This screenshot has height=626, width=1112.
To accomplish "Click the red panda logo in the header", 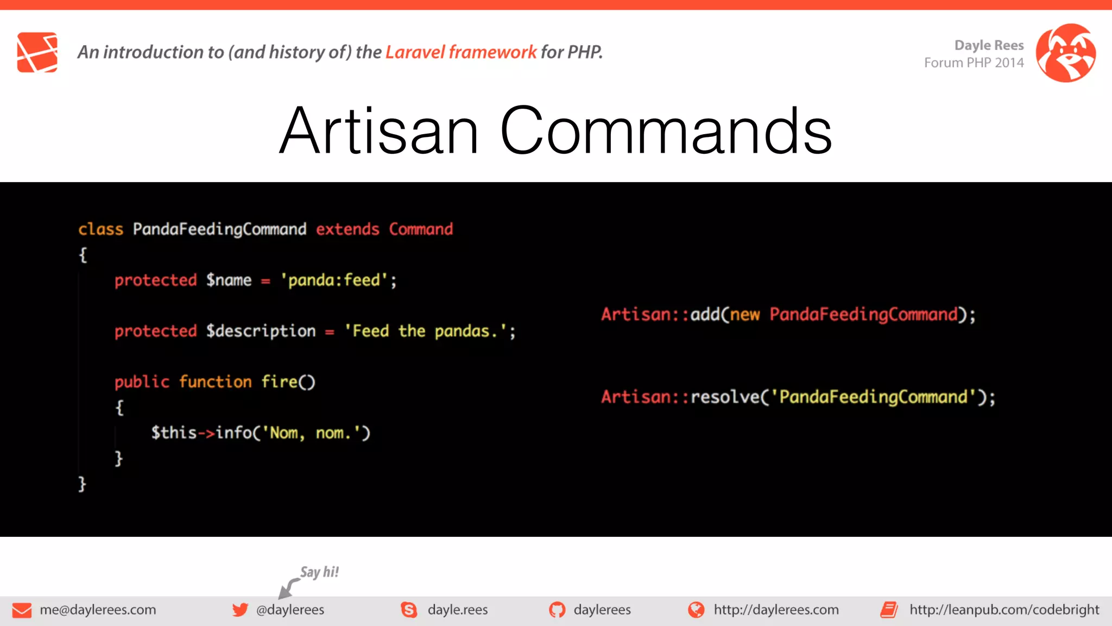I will point(1065,53).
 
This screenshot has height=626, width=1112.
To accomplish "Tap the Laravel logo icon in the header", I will point(37,52).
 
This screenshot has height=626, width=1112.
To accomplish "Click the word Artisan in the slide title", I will point(379,131).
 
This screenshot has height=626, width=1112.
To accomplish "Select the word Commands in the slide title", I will point(666,131).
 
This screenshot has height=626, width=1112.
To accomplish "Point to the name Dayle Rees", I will point(989,45).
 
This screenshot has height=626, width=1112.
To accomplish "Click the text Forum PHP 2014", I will point(974,63).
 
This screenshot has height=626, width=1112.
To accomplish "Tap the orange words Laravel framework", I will point(460,52).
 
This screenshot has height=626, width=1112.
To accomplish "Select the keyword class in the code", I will point(100,229).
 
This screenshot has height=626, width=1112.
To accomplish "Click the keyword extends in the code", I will point(347,229).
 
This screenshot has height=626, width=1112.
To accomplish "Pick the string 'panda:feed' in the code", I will point(334,280).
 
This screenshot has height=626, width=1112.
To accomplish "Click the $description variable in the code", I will point(261,331).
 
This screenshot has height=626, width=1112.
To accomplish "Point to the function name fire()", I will point(288,382).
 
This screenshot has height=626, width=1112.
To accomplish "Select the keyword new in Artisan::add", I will point(744,315).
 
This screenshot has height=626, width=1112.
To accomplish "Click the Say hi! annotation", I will point(319,572).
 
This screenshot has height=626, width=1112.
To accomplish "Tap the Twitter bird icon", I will point(240,610).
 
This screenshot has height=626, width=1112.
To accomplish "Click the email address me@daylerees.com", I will point(98,610).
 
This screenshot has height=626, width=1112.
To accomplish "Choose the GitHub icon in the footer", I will point(557,610).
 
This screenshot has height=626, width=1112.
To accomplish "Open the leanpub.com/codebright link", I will point(1004,610).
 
